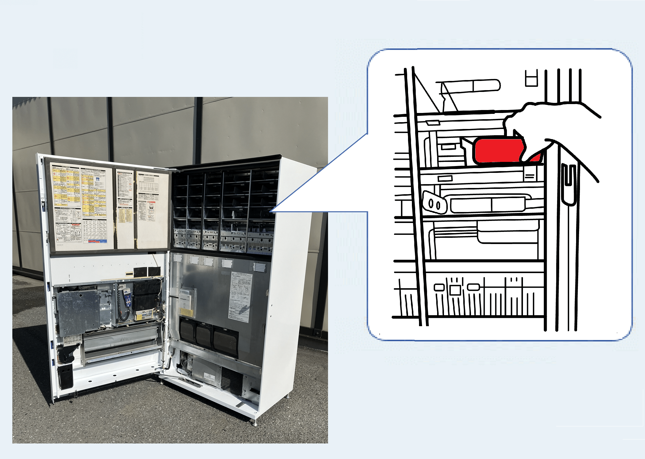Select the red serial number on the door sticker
pyautogui.click(x=124, y=204)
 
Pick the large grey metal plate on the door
pyautogui.click(x=78, y=311)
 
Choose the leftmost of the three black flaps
pyautogui.click(x=187, y=331)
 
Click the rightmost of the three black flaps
pyautogui.click(x=226, y=341)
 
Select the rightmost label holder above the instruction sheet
pyautogui.click(x=259, y=267)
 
